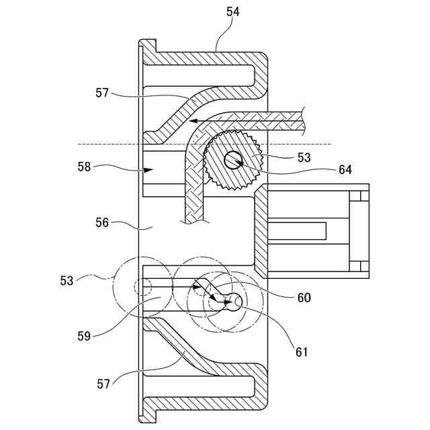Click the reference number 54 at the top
click(x=233, y=12)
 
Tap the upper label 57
click(x=102, y=93)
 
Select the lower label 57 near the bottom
click(x=103, y=384)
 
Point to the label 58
click(x=84, y=167)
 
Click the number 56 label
click(x=102, y=222)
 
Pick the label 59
click(x=84, y=336)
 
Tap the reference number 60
click(x=304, y=298)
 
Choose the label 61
click(x=302, y=352)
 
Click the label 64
click(x=345, y=170)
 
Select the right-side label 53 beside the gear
click(x=304, y=158)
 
